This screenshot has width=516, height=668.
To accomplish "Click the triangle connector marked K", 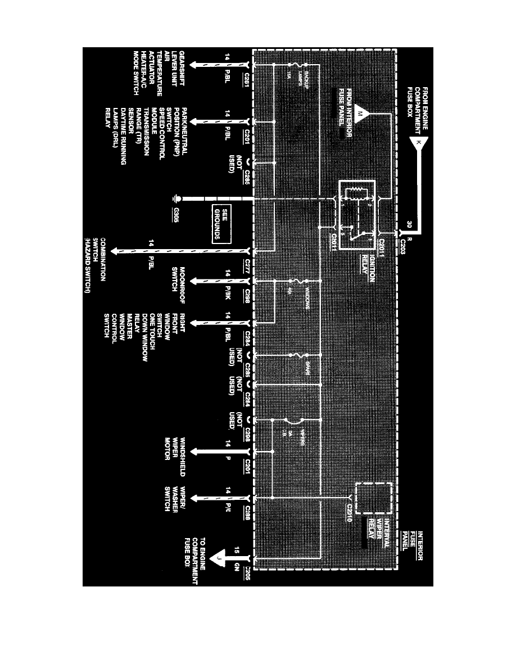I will (419, 144).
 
